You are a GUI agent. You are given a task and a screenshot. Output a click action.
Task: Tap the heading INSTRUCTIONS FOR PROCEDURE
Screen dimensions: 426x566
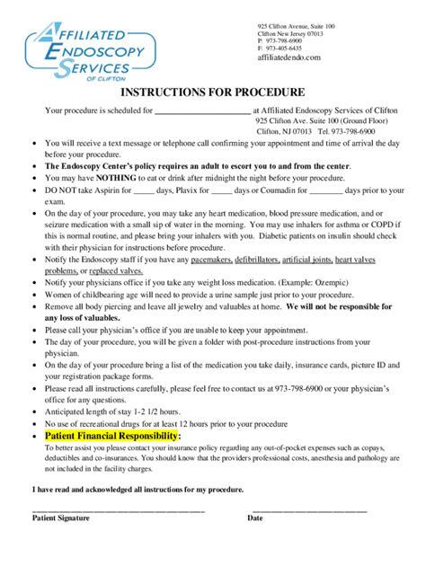[x=213, y=92]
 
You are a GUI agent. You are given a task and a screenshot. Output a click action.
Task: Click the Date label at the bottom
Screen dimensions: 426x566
[x=255, y=517]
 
